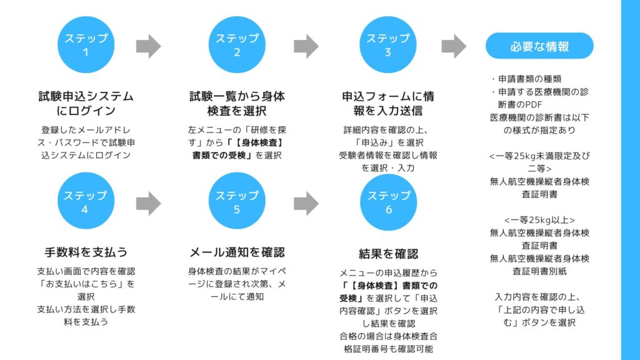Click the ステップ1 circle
pos(86,45)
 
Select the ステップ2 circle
pos(237,45)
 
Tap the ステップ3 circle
pos(388,45)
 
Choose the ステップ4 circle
pos(86,202)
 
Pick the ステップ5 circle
pos(237,202)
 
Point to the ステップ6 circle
pos(388,202)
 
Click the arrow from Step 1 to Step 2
pos(148,46)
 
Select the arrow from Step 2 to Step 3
pos(306,46)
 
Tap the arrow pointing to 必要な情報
pos(454,46)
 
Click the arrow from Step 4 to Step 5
pos(148,203)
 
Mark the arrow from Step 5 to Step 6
pos(306,203)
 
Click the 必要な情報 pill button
pos(539,46)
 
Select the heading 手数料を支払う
pos(86,252)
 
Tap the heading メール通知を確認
pos(237,252)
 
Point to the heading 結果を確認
pos(388,254)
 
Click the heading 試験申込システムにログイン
pos(86,104)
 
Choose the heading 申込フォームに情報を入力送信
pos(388,104)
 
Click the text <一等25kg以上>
pos(539,219)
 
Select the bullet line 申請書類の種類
pos(527,79)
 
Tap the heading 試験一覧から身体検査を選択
pos(237,104)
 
